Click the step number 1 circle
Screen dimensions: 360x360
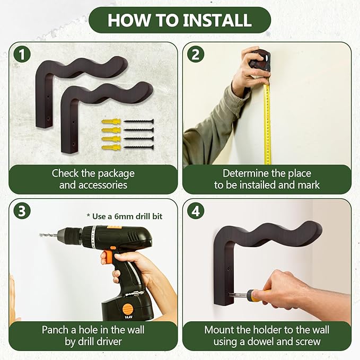click(22, 55)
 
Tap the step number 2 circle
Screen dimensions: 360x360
click(196, 55)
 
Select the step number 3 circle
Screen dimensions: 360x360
click(22, 211)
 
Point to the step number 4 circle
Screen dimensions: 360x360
click(196, 211)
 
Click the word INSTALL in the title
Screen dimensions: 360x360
click(217, 20)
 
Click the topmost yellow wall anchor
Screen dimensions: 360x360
click(111, 121)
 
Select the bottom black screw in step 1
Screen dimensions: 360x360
click(139, 147)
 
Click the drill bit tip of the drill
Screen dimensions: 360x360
click(41, 235)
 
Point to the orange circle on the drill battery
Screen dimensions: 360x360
click(127, 309)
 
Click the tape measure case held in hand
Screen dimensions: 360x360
click(260, 60)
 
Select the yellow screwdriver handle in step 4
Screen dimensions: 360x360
click(254, 295)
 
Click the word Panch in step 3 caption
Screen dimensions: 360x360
click(59, 330)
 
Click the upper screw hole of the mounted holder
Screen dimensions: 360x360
click(229, 268)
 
